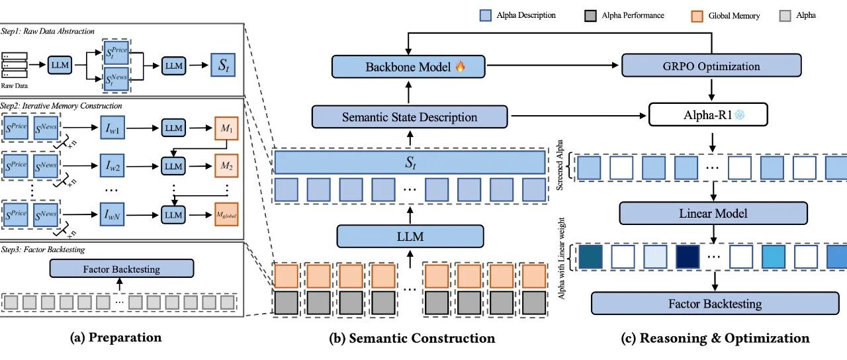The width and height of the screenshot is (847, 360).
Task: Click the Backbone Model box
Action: (408, 67)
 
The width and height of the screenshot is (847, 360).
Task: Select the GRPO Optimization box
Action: (711, 66)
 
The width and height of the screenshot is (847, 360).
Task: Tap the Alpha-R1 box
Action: (708, 114)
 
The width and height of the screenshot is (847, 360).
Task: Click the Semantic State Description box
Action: (410, 117)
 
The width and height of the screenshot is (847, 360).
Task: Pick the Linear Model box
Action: (713, 213)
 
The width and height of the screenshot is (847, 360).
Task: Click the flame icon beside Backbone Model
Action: (460, 66)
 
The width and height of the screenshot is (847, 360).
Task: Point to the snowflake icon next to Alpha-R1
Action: (739, 114)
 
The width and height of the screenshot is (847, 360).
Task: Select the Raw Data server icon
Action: (15, 65)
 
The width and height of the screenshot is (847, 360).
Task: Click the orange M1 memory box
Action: (226, 128)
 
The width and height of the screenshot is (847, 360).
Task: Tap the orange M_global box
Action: (226, 215)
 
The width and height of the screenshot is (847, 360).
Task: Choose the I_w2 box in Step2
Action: (112, 165)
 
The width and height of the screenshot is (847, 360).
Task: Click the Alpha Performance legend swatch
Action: (590, 16)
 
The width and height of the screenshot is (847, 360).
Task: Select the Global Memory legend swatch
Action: (697, 16)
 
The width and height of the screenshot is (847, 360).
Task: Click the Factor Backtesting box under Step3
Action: (122, 269)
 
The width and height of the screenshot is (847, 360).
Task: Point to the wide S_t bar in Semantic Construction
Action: (410, 163)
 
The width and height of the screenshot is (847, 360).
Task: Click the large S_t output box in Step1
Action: (223, 65)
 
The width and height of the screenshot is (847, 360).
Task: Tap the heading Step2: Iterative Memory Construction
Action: (61, 106)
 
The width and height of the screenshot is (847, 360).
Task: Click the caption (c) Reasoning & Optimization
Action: (715, 338)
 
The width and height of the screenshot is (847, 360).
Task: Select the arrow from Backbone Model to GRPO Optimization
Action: (553, 66)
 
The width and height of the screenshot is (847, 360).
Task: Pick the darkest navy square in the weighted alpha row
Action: (688, 257)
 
